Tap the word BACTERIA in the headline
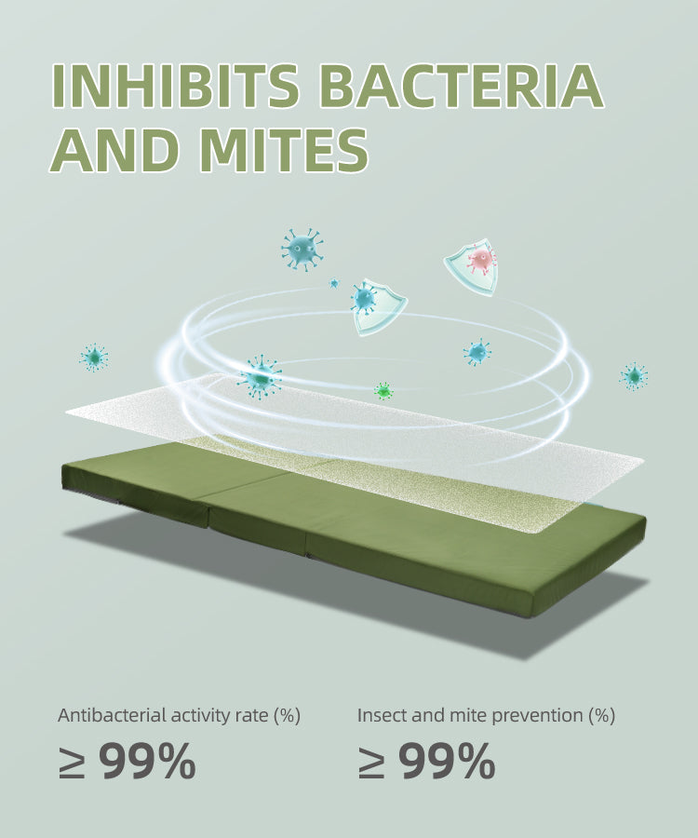coord(463,86)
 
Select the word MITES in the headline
coord(286,150)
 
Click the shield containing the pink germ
coord(472,265)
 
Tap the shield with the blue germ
coord(378,306)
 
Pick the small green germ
coord(383,391)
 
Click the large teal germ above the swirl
coord(302,249)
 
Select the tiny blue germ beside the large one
coord(334,283)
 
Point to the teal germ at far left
coord(94,358)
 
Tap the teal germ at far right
coord(634,376)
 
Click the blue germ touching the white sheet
coord(261,377)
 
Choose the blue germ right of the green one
coord(477,352)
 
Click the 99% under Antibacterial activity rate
coord(148,761)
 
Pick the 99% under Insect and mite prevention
coord(448,761)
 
